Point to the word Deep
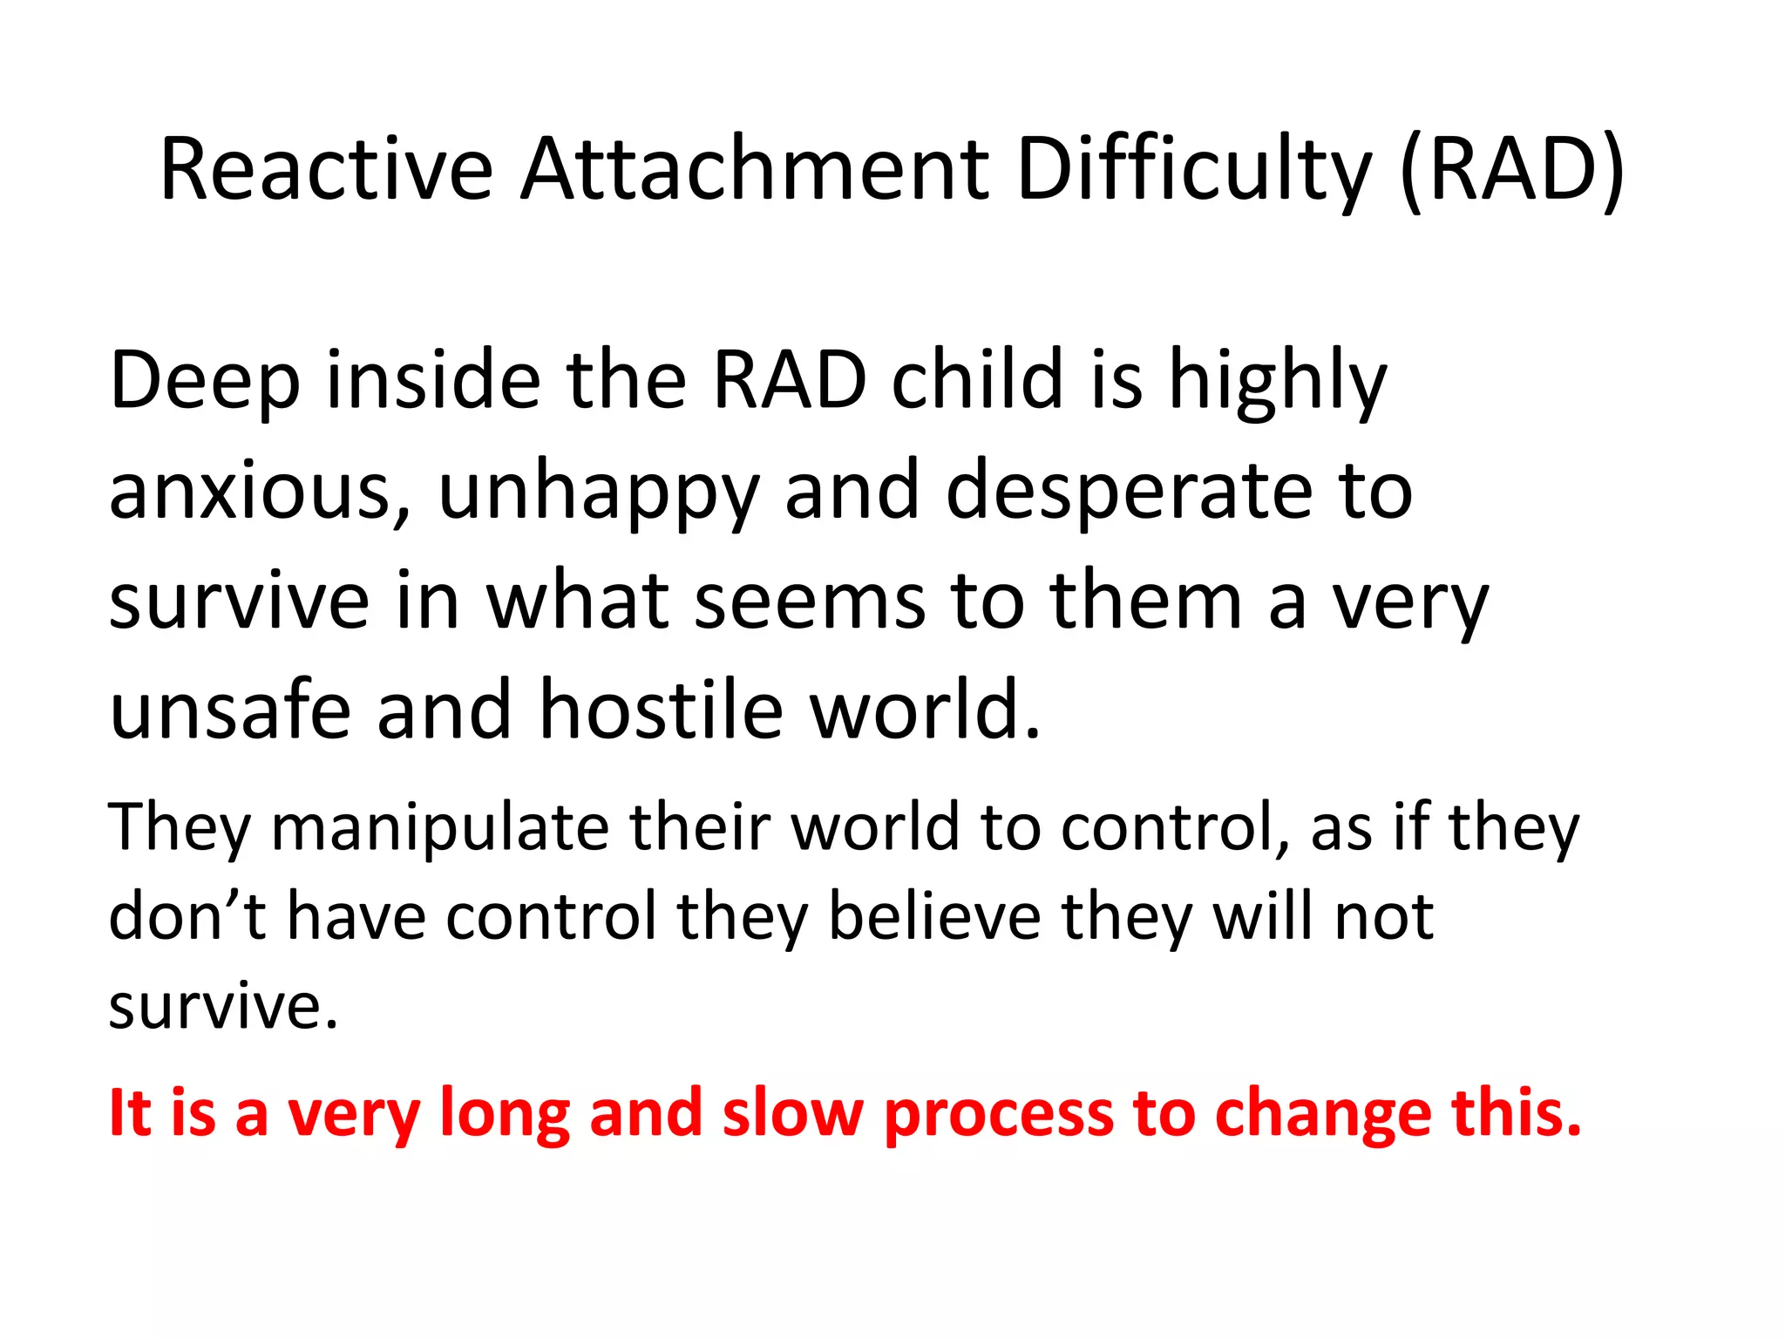point(205,381)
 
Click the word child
point(977,381)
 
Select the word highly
point(1277,381)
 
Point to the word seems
point(810,601)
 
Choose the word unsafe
point(230,710)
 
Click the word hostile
point(662,710)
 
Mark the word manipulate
point(440,826)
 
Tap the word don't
point(187,916)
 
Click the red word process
point(999,1113)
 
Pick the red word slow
point(793,1113)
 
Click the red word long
point(505,1113)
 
